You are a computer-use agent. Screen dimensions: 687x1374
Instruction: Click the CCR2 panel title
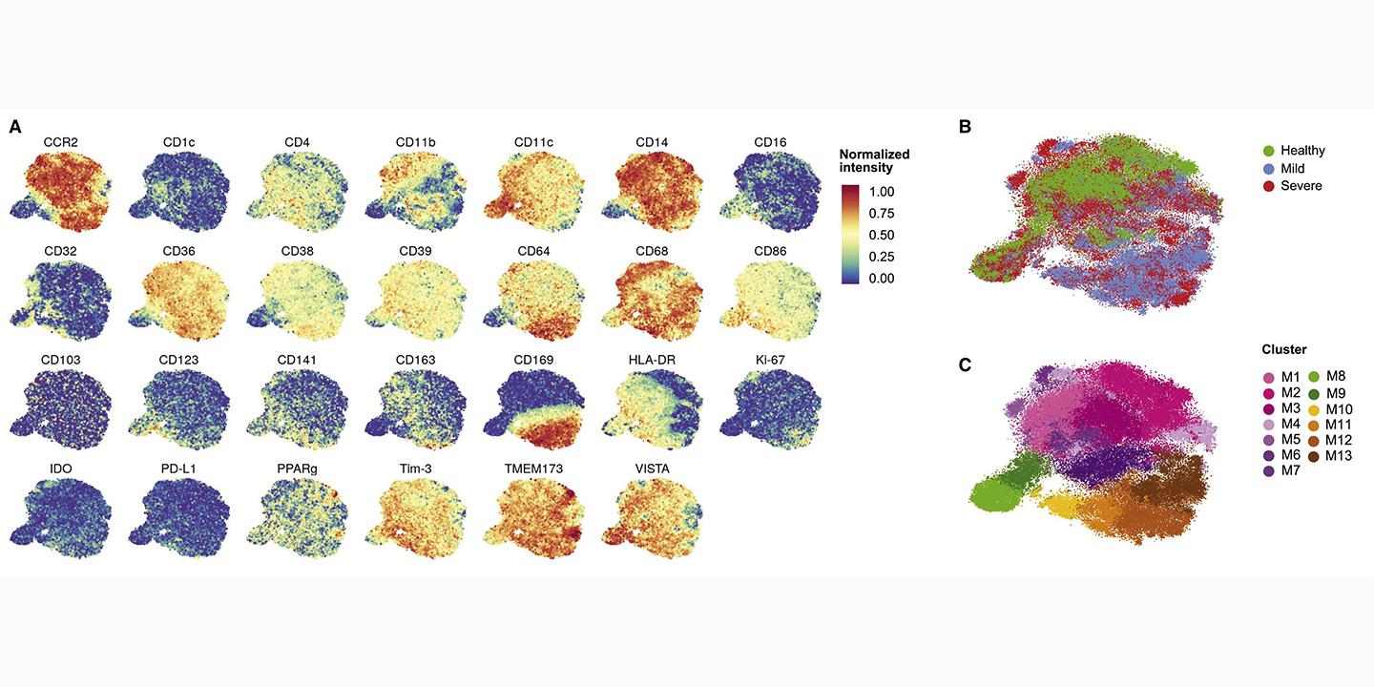click(60, 143)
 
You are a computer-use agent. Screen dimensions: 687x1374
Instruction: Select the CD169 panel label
click(533, 360)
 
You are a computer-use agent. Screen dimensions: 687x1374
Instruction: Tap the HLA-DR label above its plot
click(652, 360)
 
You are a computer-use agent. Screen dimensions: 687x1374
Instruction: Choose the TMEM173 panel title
click(533, 468)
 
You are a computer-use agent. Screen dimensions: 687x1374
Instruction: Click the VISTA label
click(652, 468)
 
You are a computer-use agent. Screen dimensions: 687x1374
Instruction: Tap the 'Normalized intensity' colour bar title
click(874, 160)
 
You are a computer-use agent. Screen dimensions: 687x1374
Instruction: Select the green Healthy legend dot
click(1268, 151)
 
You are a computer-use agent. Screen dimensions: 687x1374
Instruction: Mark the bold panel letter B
click(965, 126)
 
